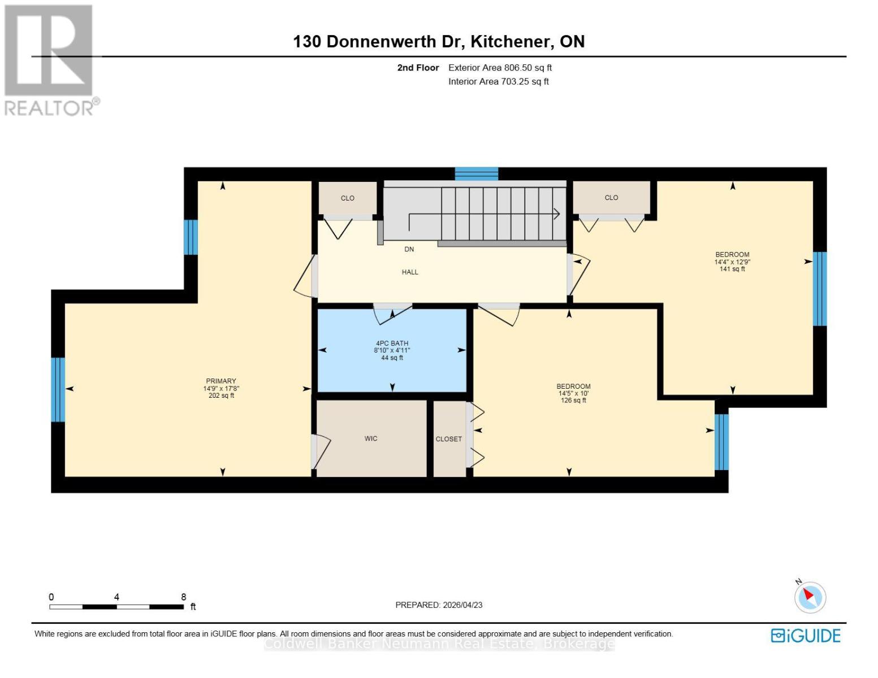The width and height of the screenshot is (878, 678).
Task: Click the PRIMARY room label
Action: click(x=220, y=381)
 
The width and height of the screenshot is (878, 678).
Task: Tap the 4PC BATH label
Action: click(x=392, y=344)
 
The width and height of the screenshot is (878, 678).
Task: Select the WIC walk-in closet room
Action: click(x=371, y=438)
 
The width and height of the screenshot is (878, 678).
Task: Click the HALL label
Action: click(x=410, y=272)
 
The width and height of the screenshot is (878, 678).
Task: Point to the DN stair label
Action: click(x=409, y=249)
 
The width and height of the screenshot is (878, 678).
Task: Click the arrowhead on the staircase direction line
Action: click(x=556, y=214)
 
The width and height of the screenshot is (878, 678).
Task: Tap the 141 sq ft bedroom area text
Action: click(x=732, y=270)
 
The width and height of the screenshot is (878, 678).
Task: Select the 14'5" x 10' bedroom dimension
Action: click(x=573, y=394)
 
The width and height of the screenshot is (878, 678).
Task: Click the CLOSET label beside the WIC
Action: click(x=449, y=439)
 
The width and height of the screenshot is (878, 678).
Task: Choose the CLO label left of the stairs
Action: click(x=347, y=198)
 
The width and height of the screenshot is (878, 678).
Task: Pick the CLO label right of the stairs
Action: click(x=611, y=198)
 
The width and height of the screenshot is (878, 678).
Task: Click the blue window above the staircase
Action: click(x=476, y=173)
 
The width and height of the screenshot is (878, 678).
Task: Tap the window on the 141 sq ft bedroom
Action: click(x=820, y=289)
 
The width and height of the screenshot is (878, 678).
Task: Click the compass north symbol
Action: click(x=810, y=597)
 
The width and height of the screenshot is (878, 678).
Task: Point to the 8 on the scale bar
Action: click(x=183, y=597)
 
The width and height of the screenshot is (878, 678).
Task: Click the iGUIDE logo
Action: click(x=806, y=636)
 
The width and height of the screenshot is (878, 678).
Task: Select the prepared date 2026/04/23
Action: click(x=462, y=605)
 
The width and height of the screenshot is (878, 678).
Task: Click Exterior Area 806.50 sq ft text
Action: click(x=500, y=68)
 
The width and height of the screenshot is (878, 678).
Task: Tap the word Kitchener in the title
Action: click(x=511, y=42)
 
